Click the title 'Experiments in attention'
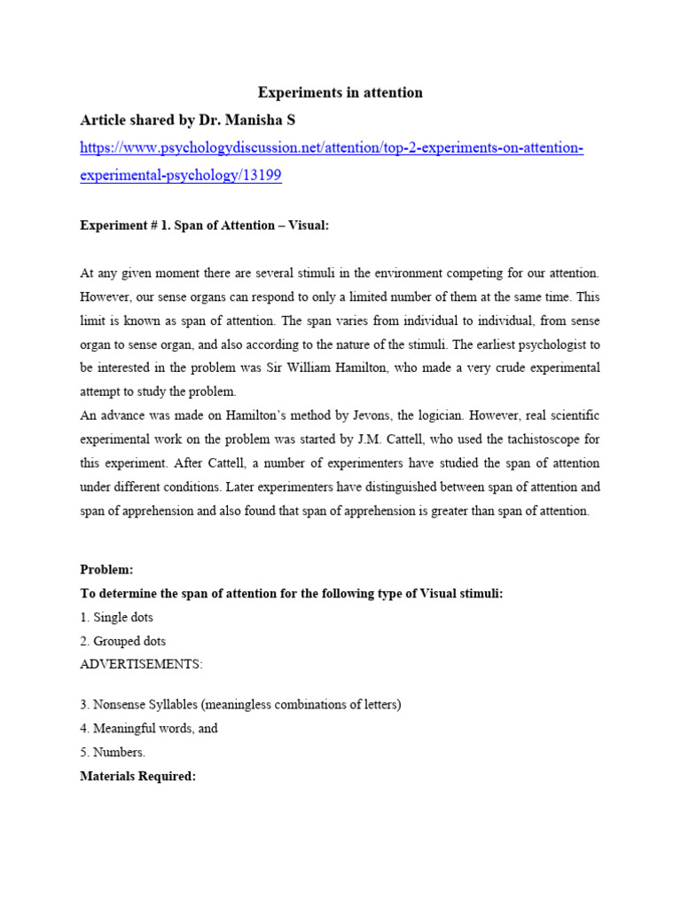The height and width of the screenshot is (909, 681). pyautogui.click(x=340, y=92)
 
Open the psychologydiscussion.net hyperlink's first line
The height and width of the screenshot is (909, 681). pyautogui.click(x=332, y=147)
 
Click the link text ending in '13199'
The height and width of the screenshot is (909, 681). pyautogui.click(x=180, y=175)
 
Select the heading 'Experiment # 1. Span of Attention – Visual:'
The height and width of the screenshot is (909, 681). pyautogui.click(x=204, y=225)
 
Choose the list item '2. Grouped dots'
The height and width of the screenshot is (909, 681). pyautogui.click(x=123, y=641)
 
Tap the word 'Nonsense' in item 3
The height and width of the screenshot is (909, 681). pyautogui.click(x=119, y=705)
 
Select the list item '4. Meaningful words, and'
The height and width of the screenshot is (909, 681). pyautogui.click(x=149, y=728)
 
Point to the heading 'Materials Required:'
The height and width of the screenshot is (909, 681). pyautogui.click(x=137, y=776)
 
